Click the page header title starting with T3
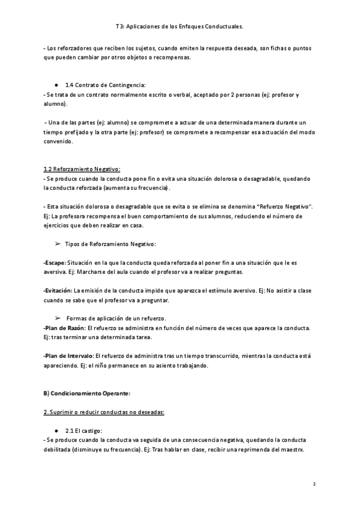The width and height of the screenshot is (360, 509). pyautogui.click(x=179, y=27)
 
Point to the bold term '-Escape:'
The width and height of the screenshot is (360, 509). pyautogui.click(x=55, y=263)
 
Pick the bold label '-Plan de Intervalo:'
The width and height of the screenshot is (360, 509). pyautogui.click(x=68, y=356)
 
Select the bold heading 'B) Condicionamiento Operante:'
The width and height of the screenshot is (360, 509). pyautogui.click(x=87, y=393)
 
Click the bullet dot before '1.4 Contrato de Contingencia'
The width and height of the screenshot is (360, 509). pyautogui.click(x=56, y=85)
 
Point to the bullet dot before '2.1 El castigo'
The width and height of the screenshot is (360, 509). pyautogui.click(x=56, y=430)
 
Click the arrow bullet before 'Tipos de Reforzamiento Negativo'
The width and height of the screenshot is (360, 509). pyautogui.click(x=58, y=244)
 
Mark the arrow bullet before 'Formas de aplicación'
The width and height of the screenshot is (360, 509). pyautogui.click(x=58, y=318)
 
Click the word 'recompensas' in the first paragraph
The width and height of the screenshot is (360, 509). pyautogui.click(x=172, y=57)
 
